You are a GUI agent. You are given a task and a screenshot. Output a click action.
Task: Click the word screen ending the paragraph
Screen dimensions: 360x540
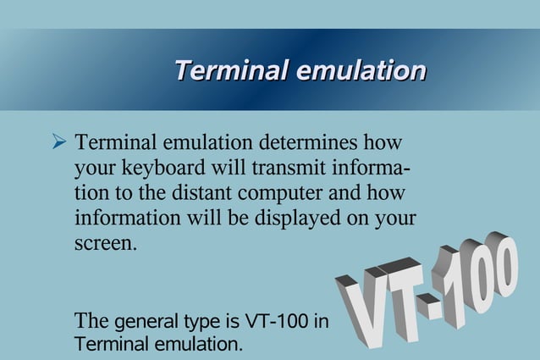105,245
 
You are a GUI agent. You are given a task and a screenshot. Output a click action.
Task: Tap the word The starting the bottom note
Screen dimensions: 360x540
91,322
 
